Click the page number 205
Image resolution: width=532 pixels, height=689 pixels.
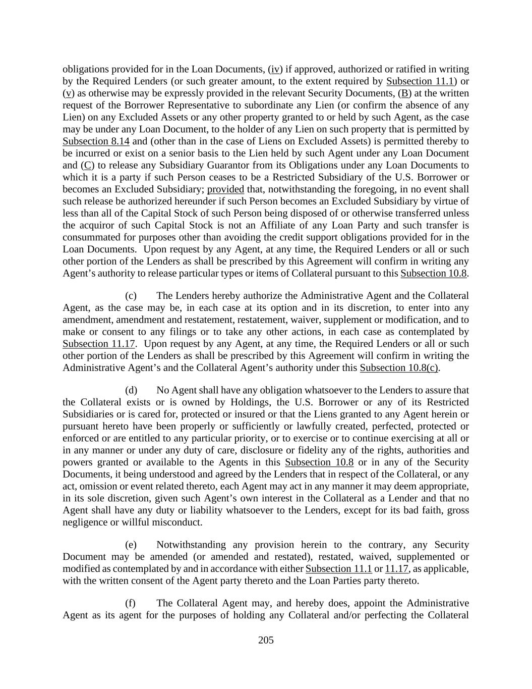[x=266, y=640]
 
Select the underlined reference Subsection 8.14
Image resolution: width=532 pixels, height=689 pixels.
[x=96, y=141]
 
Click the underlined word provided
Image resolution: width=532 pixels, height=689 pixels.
[x=225, y=189]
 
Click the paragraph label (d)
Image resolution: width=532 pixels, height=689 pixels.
[x=131, y=390]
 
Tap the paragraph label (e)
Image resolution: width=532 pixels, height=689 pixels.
[x=131, y=545]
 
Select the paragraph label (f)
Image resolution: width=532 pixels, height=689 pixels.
[x=130, y=603]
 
